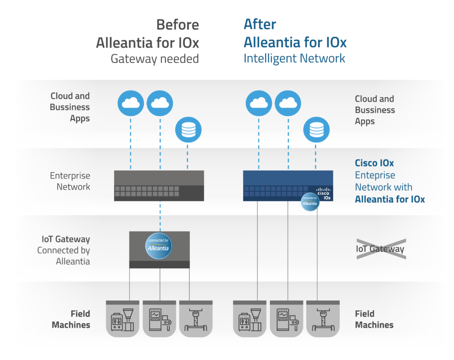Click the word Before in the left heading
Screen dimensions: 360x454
point(177,25)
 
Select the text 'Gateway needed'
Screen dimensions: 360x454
point(154,59)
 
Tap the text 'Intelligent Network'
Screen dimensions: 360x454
point(294,58)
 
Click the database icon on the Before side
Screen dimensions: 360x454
point(188,130)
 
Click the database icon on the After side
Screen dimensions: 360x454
point(316,130)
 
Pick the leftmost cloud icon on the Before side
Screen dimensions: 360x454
point(131,103)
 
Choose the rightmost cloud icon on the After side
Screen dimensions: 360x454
point(288,103)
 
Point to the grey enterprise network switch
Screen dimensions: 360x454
point(159,186)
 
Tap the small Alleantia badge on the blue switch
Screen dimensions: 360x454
point(310,202)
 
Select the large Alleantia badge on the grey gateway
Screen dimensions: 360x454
point(159,246)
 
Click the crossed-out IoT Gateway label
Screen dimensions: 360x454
point(380,249)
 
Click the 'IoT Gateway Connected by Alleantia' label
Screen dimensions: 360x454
point(64,250)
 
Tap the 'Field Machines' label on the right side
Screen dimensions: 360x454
point(374,319)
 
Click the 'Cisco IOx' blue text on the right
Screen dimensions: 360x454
point(374,164)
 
